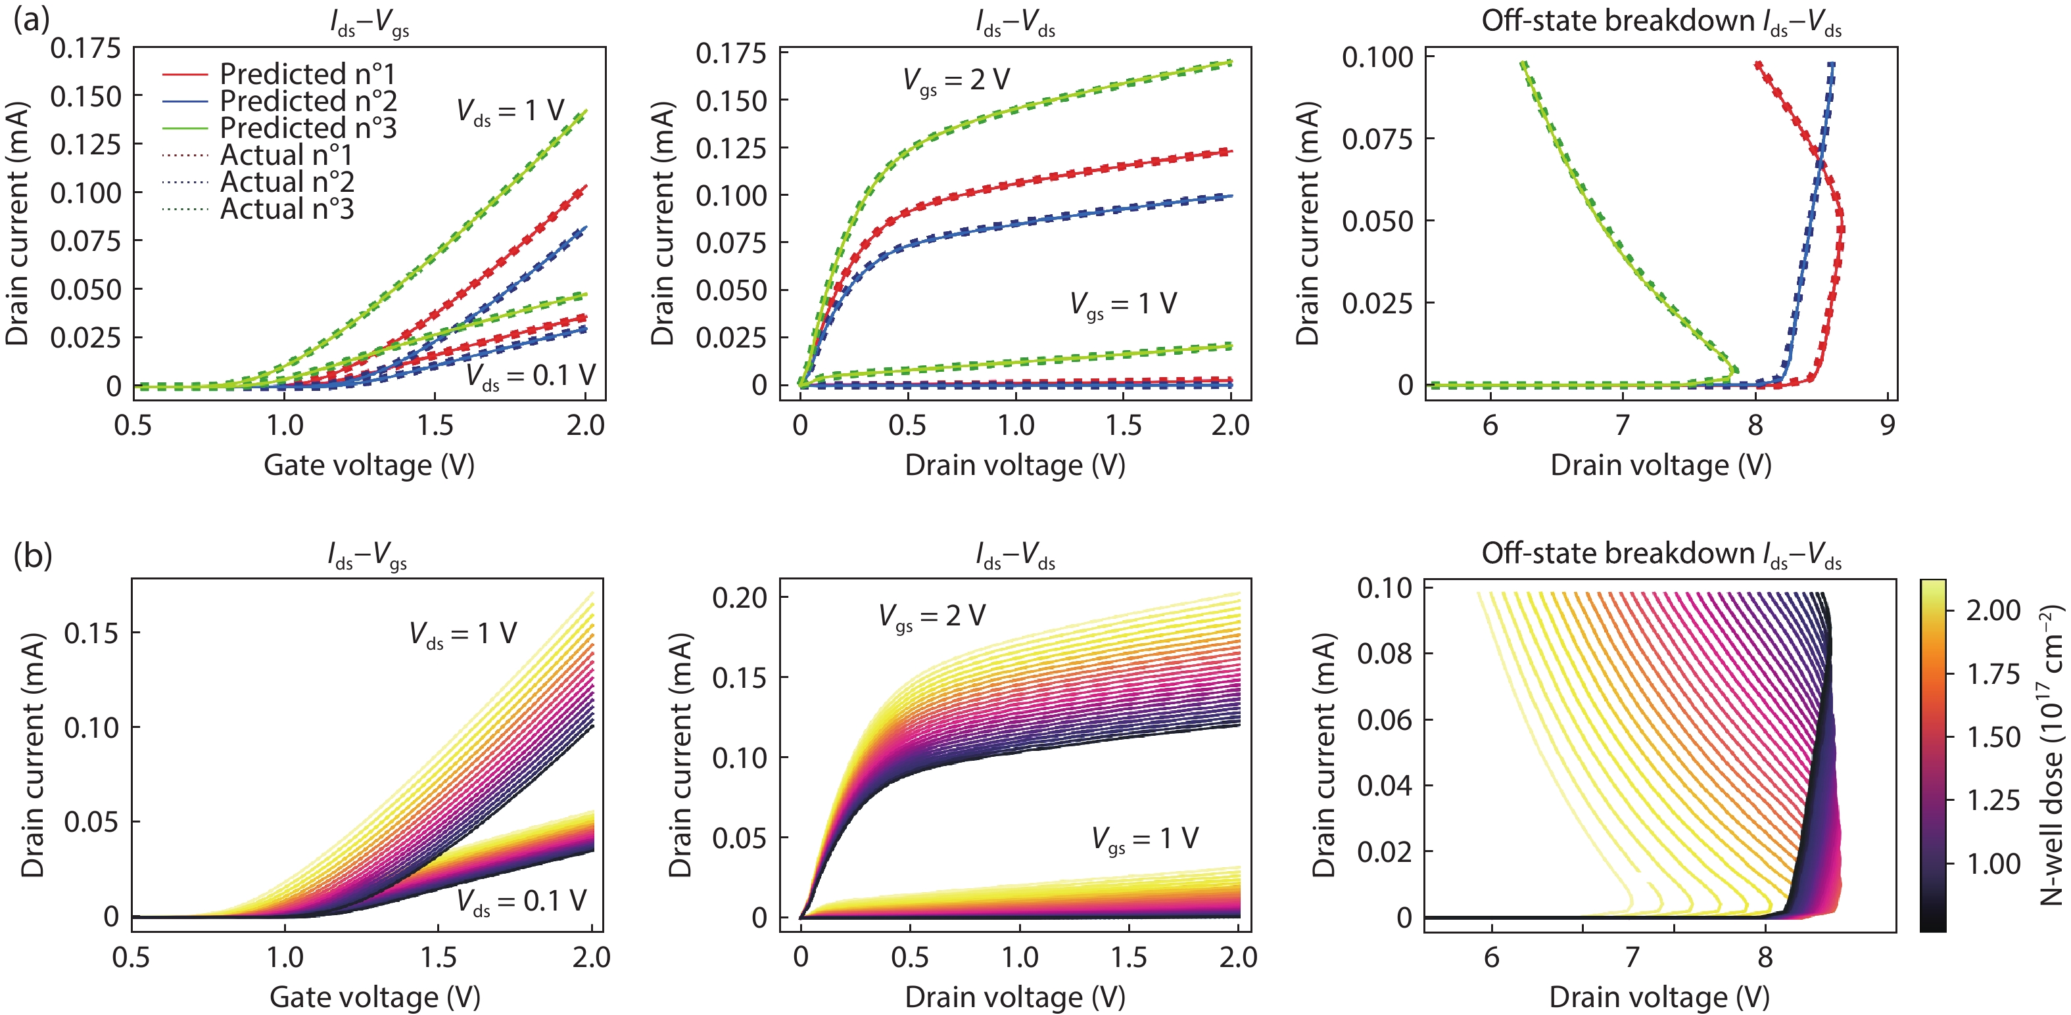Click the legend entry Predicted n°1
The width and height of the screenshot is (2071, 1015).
coord(307,74)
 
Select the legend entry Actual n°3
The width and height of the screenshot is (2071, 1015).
coord(286,209)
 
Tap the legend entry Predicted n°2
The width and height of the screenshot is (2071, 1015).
coord(307,101)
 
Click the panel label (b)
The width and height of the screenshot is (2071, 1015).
coord(33,554)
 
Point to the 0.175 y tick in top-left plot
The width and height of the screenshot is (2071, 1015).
coord(85,48)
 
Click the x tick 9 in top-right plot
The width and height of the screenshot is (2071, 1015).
coord(1887,425)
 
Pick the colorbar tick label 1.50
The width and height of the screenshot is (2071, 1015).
coord(1993,737)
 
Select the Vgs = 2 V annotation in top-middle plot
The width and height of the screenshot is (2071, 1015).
coord(956,80)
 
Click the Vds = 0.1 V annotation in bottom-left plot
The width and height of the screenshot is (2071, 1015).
coord(521,901)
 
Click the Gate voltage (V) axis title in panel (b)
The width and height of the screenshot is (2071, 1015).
coord(375,997)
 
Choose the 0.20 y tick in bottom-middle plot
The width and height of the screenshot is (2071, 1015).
coord(740,597)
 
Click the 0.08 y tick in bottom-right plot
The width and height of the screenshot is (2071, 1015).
coord(1385,654)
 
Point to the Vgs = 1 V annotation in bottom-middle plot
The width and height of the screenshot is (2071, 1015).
coord(1144,840)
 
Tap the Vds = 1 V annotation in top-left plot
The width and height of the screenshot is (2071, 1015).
coord(510,111)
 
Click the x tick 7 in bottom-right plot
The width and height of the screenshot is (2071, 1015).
coord(1631,957)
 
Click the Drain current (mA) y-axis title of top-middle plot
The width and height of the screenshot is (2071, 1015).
coord(663,223)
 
